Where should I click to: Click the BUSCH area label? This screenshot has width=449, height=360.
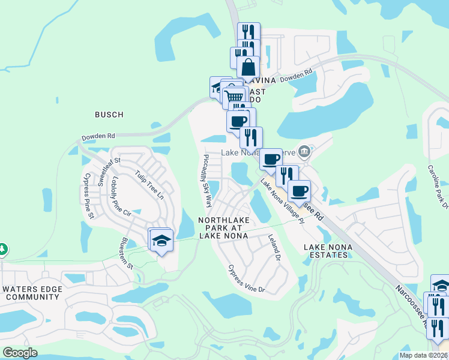tap(109, 115)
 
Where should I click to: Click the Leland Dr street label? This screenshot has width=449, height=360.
tap(276, 248)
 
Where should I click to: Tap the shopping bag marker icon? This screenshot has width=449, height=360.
tap(248, 68)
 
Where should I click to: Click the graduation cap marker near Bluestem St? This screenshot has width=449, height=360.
tap(161, 241)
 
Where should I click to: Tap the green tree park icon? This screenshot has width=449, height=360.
tap(3, 248)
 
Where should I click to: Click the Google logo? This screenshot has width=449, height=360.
tap(20, 353)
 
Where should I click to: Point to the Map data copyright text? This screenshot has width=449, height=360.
tap(423, 355)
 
